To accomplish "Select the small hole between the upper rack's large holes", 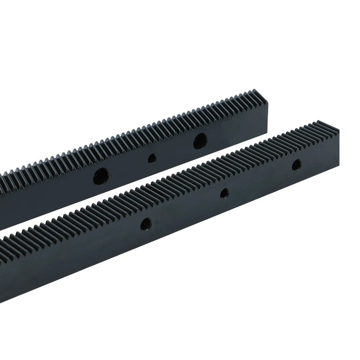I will coord(152,158).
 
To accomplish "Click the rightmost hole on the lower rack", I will coord(296,165).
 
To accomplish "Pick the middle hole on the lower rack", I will coord(225,193).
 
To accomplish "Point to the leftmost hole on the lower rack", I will coord(147,223).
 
